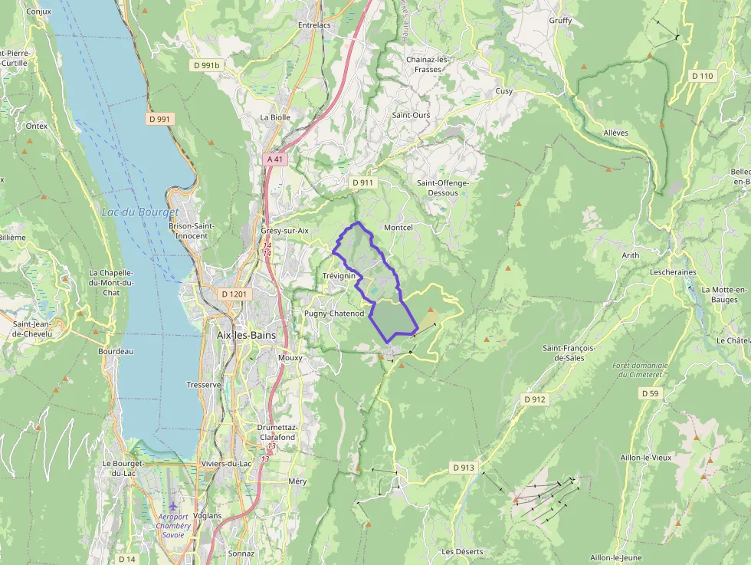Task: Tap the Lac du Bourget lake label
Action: [x=139, y=212]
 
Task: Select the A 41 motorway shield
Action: [x=275, y=159]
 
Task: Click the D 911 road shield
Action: [x=362, y=182]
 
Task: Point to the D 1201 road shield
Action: [x=235, y=294]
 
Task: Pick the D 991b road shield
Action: [x=206, y=66]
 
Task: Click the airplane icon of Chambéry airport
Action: [x=172, y=507]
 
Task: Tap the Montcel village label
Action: [x=398, y=228]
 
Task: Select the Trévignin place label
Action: [x=339, y=275]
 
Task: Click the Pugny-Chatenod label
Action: [x=334, y=314]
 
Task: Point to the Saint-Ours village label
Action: [x=411, y=115]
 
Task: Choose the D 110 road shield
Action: [x=702, y=76]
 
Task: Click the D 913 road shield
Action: [x=464, y=467]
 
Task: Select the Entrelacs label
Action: [x=314, y=25]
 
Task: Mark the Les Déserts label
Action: [x=462, y=551]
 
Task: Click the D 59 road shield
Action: [x=649, y=393]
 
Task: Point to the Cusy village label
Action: [x=503, y=91]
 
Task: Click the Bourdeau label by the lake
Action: [x=116, y=351]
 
